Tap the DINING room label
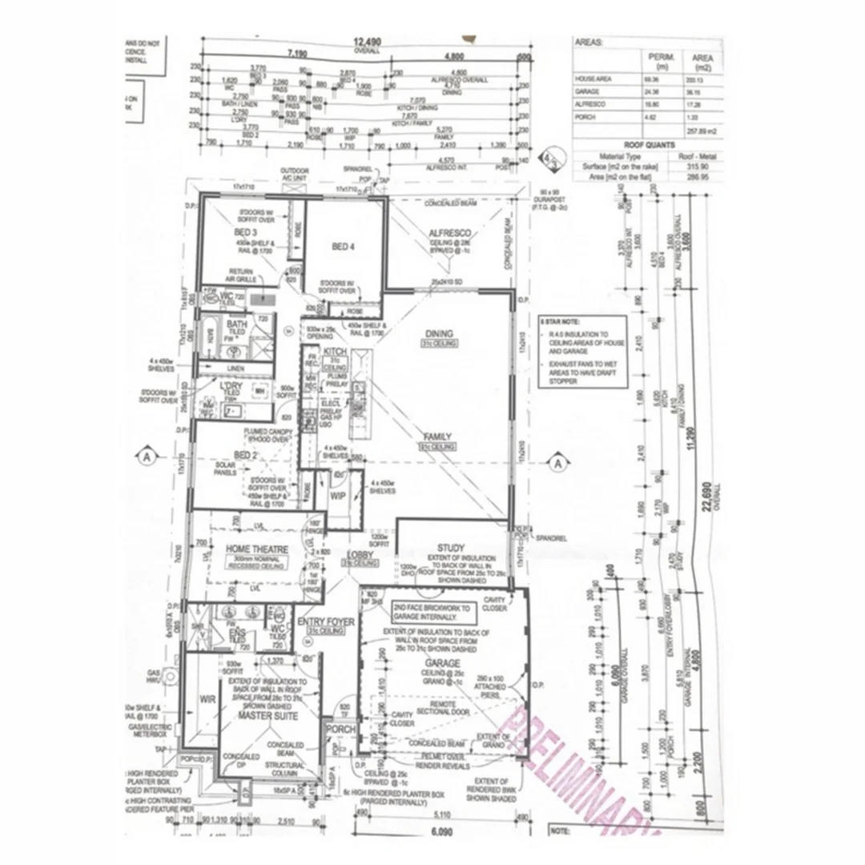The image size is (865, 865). [440, 333]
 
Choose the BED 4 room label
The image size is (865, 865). [343, 247]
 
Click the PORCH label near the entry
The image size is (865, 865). [340, 730]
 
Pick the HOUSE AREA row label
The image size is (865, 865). [593, 78]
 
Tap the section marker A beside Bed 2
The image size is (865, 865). [146, 457]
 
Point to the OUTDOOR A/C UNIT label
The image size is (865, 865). [294, 175]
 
